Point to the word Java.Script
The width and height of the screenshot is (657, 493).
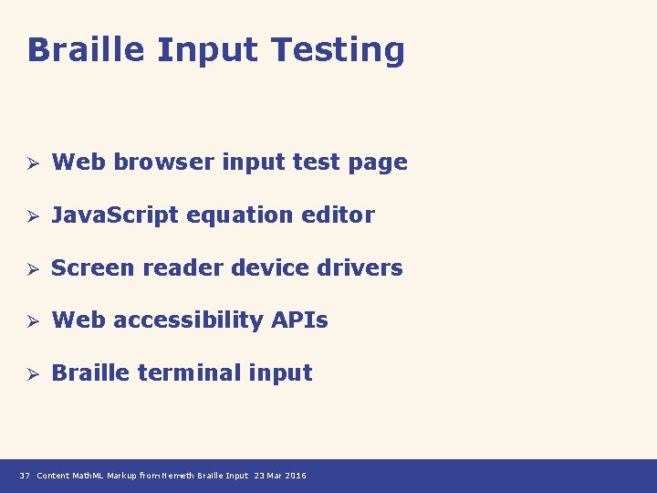[117, 215]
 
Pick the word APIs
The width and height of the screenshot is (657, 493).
[299, 320]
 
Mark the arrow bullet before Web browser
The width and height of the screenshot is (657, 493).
[30, 163]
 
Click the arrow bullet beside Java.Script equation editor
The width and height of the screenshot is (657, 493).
[30, 216]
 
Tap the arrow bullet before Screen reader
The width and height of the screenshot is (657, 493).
[30, 268]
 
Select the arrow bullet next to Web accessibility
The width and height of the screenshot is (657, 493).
[30, 321]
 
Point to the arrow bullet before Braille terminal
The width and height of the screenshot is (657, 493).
[30, 373]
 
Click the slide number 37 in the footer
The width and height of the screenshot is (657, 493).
[25, 476]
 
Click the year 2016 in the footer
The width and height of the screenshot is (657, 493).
[296, 476]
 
